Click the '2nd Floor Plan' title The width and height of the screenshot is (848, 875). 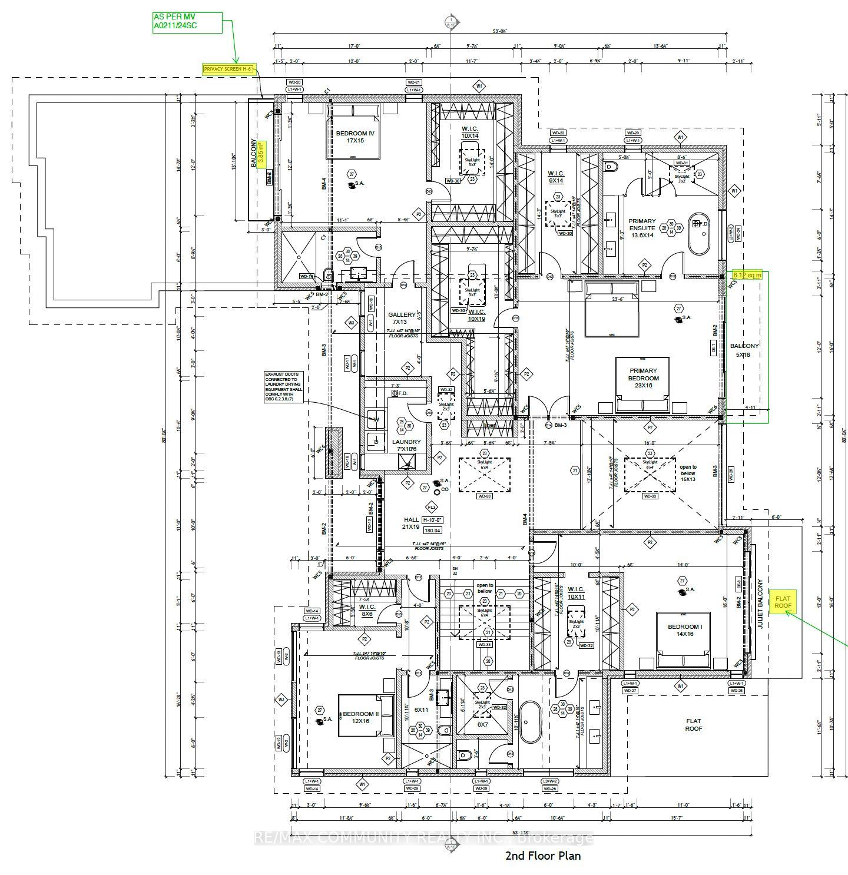tap(542, 856)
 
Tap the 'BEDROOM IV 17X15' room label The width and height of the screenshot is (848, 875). tap(355, 137)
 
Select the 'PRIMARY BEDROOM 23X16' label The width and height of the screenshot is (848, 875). tap(642, 378)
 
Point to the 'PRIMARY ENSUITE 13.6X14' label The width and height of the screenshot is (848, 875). tap(641, 228)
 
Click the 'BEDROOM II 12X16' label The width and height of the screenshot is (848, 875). tap(361, 717)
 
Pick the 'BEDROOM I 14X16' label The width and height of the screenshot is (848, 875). tap(684, 631)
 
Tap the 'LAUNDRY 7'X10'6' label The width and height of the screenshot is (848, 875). tap(406, 446)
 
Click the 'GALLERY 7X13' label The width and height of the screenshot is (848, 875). tap(402, 319)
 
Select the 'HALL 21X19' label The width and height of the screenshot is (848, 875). tap(411, 523)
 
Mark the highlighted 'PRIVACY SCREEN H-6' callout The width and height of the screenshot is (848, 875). tap(228, 69)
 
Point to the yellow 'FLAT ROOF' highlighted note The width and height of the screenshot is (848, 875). tap(783, 602)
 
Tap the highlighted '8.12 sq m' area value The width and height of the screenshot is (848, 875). tap(747, 275)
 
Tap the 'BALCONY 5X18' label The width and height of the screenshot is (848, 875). tap(744, 350)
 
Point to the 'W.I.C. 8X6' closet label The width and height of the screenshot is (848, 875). tap(367, 611)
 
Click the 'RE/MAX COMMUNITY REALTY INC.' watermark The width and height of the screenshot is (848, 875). tap(423, 838)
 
